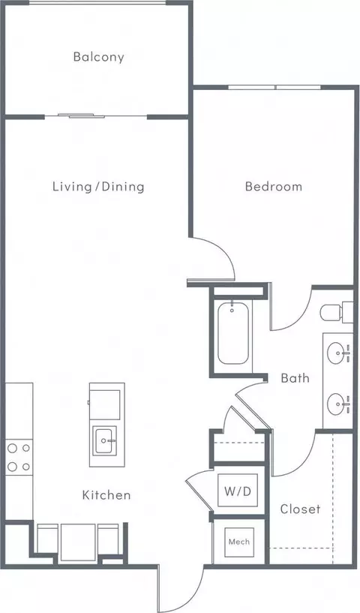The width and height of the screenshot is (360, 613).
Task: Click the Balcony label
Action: tap(98, 56)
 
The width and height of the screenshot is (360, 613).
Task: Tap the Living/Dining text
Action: tap(98, 186)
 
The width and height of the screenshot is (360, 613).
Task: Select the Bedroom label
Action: tap(274, 186)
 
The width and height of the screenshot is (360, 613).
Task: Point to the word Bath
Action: tap(295, 378)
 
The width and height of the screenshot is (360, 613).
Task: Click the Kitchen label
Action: tap(106, 495)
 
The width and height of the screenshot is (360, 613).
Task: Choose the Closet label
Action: tap(300, 509)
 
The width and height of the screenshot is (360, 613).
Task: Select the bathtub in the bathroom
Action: tap(232, 333)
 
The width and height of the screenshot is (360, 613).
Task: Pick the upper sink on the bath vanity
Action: tap(338, 350)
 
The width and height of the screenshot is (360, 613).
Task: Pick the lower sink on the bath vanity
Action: tap(338, 404)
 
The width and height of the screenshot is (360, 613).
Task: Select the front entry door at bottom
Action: tap(180, 589)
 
